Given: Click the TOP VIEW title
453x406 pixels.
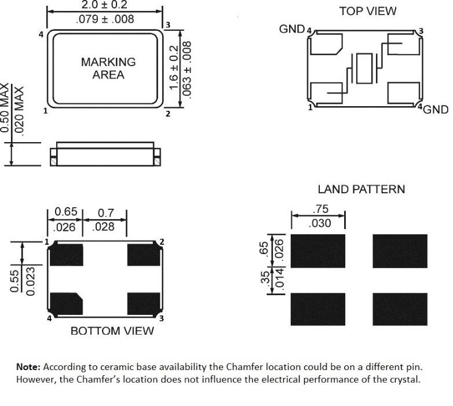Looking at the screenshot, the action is [x=367, y=11].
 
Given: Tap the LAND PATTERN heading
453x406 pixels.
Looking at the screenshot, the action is [x=361, y=190].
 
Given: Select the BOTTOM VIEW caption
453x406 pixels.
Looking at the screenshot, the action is [x=112, y=331].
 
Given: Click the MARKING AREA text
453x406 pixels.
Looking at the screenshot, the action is [x=108, y=68].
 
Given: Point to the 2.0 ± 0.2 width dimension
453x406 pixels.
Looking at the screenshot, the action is [x=104, y=5].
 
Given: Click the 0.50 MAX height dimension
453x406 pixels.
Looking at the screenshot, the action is [x=5, y=107].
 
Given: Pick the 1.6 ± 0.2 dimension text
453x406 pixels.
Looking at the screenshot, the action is [x=173, y=67].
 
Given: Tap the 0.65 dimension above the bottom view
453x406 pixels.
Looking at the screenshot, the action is [x=66, y=212].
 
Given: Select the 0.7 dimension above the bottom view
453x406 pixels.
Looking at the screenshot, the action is [x=106, y=213].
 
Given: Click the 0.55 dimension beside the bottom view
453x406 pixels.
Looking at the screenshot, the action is [x=14, y=281].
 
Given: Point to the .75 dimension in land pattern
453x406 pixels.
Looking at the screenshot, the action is [x=321, y=209].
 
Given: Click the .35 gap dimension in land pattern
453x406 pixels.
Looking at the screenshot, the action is [x=265, y=278].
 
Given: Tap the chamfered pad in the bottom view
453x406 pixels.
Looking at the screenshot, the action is [x=67, y=304].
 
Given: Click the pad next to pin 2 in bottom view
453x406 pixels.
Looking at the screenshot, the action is [x=144, y=255].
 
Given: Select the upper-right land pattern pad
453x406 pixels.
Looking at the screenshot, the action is [x=400, y=251].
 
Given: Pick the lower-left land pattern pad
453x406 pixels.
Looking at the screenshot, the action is [x=318, y=309].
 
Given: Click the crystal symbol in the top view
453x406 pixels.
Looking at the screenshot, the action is [x=364, y=68].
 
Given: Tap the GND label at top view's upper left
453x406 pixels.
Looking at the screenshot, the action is [x=292, y=29].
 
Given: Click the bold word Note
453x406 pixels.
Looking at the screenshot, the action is [x=28, y=367].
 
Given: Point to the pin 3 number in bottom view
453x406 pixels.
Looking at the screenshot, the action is [x=162, y=318].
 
